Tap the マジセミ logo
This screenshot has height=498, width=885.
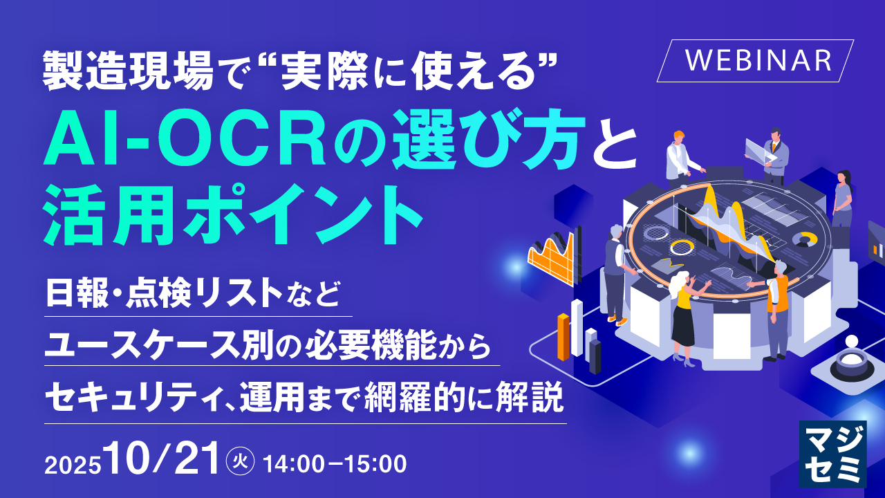833,454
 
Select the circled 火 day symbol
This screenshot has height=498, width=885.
240,461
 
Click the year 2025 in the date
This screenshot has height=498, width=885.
73,465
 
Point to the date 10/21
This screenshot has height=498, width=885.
161,459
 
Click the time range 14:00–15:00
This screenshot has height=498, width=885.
334,464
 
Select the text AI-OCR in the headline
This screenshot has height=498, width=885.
185,142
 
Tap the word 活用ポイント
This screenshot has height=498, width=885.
232,215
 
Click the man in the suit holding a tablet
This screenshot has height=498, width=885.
774,156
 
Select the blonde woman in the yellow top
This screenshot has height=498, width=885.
685,316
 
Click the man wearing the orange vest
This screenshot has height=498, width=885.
775,308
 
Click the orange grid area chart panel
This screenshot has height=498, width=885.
553,257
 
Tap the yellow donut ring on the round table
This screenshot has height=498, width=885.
682,248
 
